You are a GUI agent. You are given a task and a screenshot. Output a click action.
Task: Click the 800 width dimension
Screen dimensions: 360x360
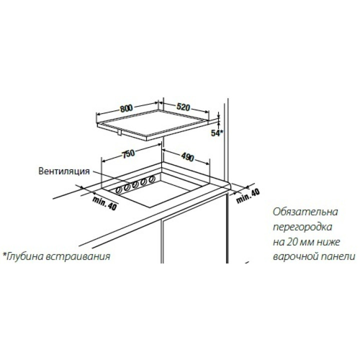click(x=126, y=108)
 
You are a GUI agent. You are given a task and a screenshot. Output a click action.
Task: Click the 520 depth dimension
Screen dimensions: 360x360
click(x=183, y=107)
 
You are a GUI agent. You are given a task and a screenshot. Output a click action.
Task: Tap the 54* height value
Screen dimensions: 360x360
click(x=217, y=133)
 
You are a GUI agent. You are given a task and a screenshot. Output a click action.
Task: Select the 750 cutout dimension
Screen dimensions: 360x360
click(x=128, y=153)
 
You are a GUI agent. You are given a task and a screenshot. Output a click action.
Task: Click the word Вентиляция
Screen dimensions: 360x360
click(x=64, y=171)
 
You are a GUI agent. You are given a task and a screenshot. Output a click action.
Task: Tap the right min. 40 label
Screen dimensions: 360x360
click(x=248, y=195)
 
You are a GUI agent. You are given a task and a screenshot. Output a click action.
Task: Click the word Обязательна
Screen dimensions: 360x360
click(x=305, y=212)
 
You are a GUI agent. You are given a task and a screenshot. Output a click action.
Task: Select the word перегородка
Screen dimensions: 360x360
click(x=302, y=227)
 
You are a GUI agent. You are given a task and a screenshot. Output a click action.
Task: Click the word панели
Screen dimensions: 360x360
click(x=336, y=256)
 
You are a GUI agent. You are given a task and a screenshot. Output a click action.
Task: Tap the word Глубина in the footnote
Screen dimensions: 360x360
click(x=24, y=256)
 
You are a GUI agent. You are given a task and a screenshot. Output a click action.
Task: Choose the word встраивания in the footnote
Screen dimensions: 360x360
click(x=78, y=256)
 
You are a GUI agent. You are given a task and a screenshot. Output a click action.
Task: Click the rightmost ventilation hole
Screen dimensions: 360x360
click(x=151, y=179)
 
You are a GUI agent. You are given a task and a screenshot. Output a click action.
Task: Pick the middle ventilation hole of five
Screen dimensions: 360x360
click(x=135, y=184)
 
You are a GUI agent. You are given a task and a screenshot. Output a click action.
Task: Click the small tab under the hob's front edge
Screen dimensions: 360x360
click(x=119, y=132)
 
